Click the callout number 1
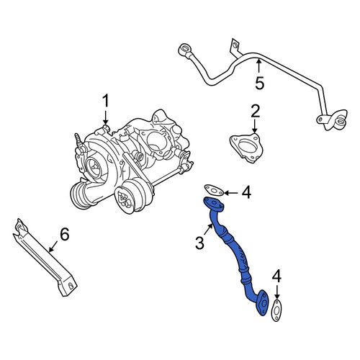[106, 101]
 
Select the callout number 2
[256, 111]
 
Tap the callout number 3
[199, 243]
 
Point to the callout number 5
[259, 83]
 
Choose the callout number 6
[64, 234]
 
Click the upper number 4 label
[246, 192]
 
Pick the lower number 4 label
[276, 276]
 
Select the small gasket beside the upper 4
[214, 190]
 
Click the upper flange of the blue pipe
[213, 204]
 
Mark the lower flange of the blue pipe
[263, 303]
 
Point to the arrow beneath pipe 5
[258, 66]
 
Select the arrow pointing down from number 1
[105, 117]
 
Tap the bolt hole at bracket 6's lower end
[71, 285]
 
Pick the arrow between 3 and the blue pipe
[208, 229]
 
